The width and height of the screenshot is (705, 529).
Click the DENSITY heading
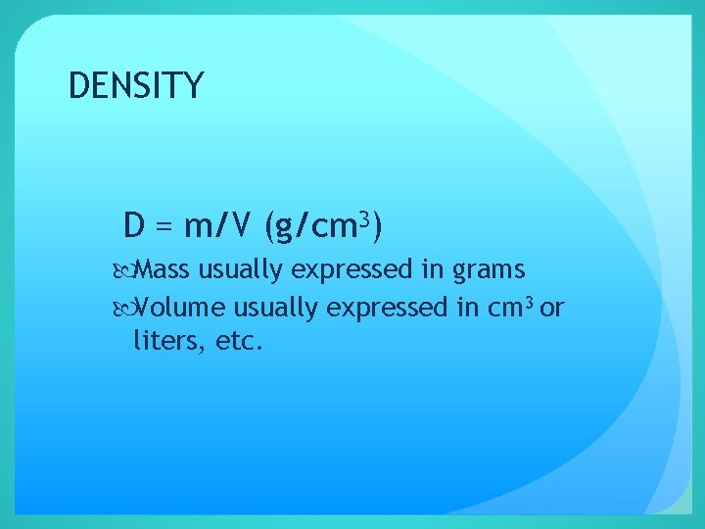[x=136, y=86]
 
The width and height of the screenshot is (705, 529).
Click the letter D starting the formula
[x=135, y=226]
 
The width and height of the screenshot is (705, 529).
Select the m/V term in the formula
[x=215, y=227]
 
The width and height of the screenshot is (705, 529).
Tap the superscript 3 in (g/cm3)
[x=362, y=218]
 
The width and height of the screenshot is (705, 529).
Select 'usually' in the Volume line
[x=273, y=309]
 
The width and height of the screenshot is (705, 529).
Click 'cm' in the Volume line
[x=504, y=309]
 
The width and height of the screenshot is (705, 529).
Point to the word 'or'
[x=552, y=309]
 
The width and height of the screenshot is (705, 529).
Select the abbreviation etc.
[x=238, y=343]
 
